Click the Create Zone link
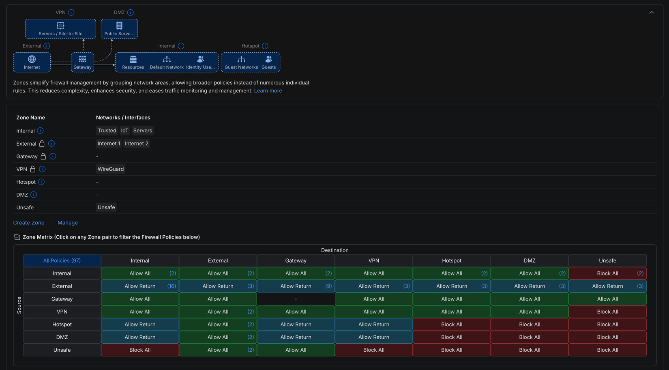28,223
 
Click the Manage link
68,223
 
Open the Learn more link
268,91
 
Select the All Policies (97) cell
62,261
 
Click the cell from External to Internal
140,286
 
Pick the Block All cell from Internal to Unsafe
607,273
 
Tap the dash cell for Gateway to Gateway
296,299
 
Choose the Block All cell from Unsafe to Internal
140,350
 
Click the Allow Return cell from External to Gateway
296,286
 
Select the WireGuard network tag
111,169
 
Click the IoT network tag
124,131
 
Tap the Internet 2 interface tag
137,144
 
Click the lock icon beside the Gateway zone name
43,156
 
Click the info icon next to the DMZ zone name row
34,195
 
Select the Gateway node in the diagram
82,62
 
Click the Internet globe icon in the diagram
32,59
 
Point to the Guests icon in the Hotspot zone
268,59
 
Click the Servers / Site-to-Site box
60,29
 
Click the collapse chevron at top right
652,13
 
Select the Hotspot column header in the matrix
451,261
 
